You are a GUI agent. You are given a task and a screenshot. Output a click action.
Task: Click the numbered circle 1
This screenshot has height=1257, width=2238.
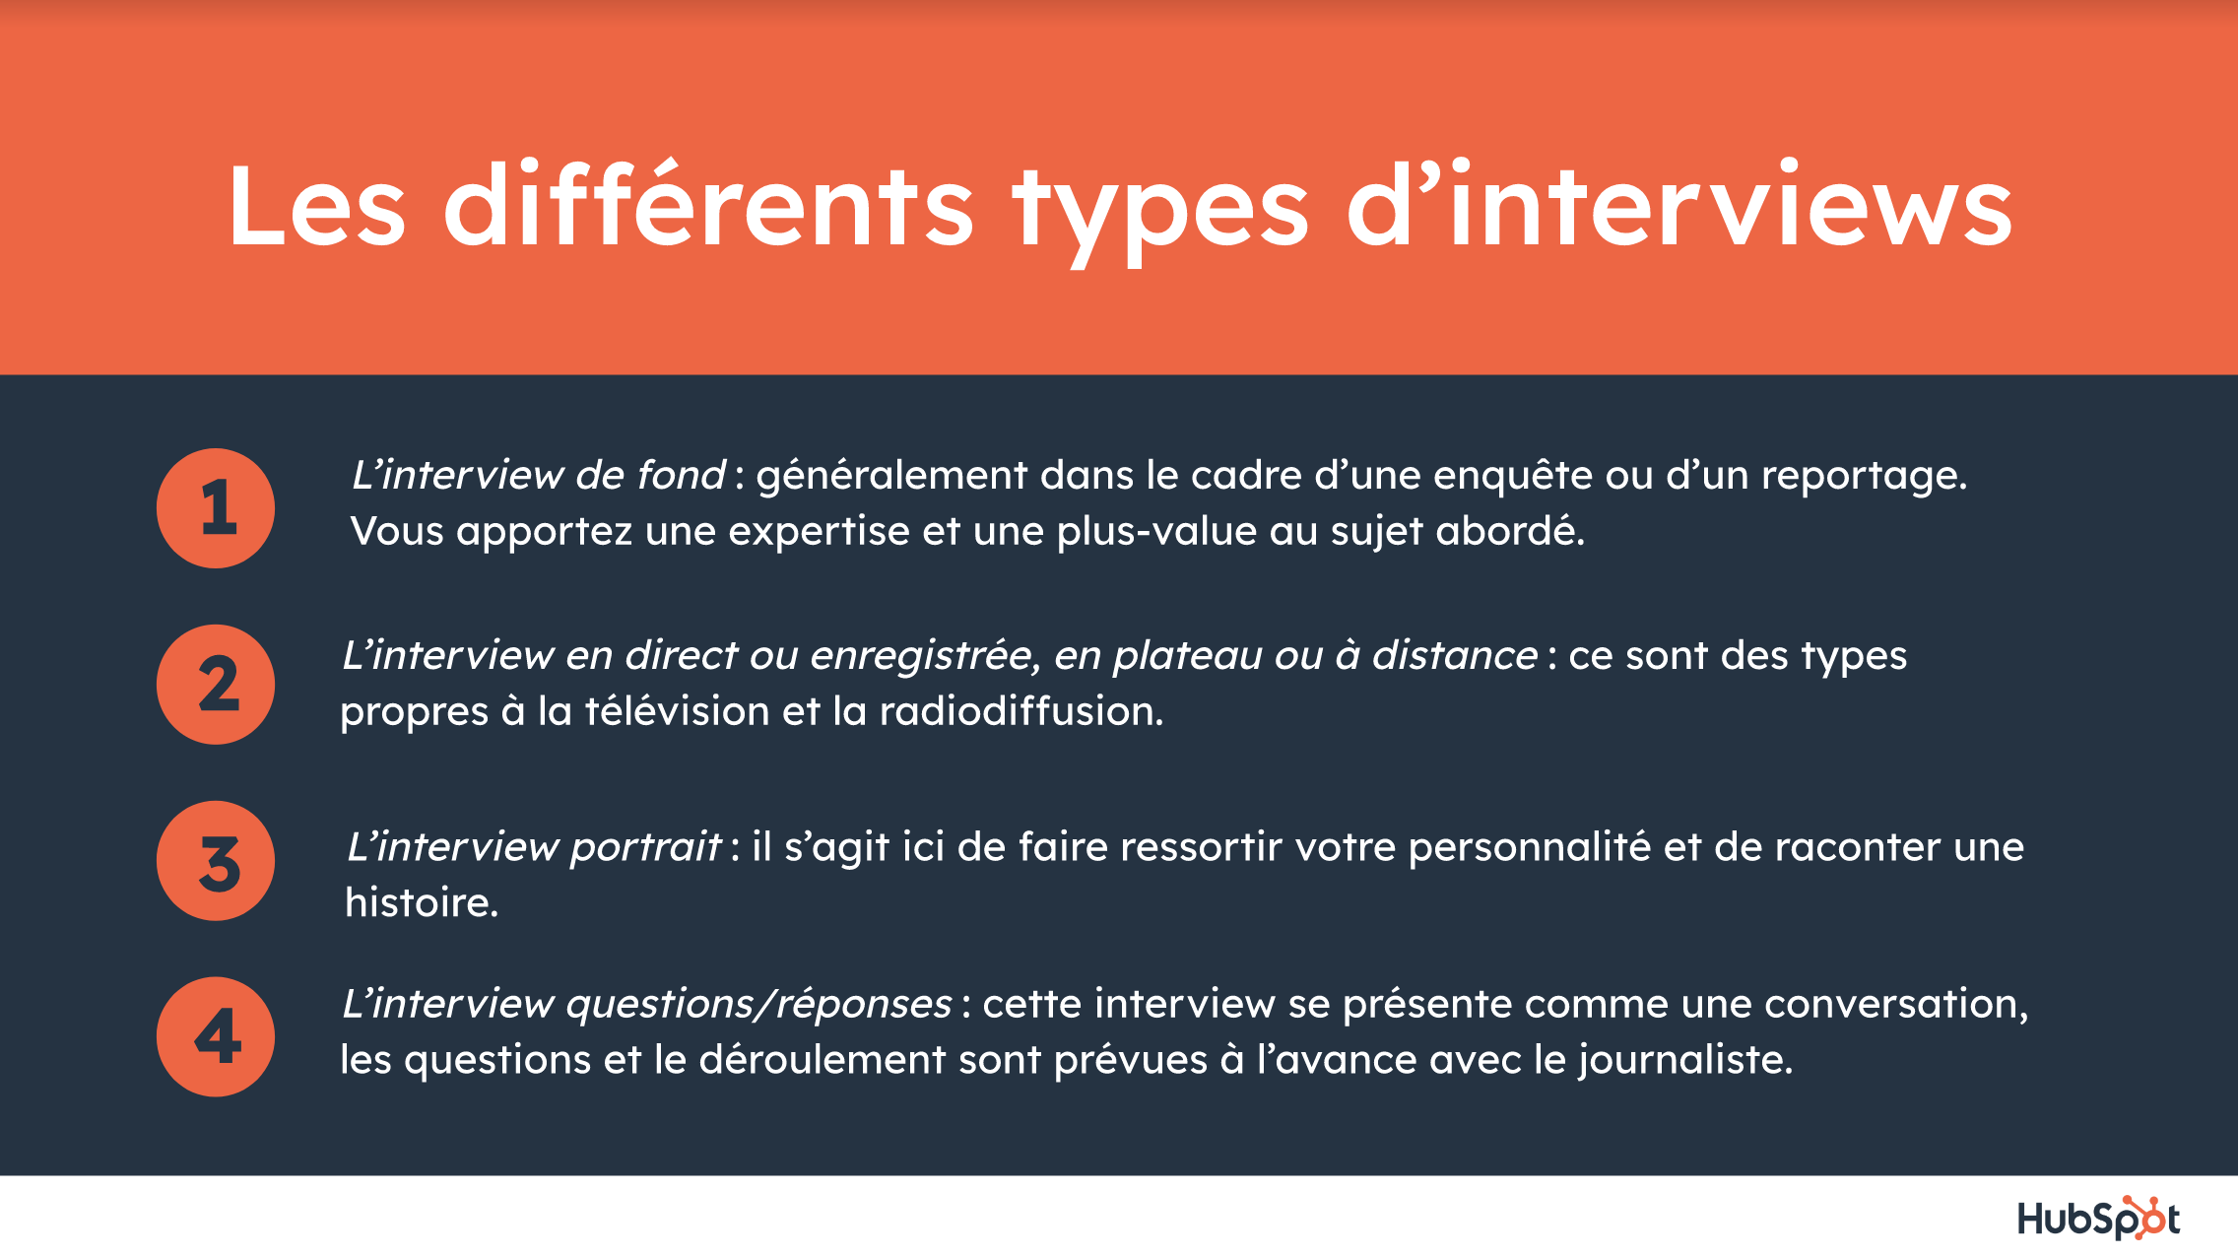(x=216, y=508)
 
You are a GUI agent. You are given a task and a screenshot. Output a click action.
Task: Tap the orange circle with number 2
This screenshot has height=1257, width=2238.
(x=216, y=685)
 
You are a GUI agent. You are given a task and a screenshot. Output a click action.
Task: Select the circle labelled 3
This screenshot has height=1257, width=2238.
(x=216, y=861)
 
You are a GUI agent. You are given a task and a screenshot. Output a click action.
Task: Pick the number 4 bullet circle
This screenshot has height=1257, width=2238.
(x=216, y=1036)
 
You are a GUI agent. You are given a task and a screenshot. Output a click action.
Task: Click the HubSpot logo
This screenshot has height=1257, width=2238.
(x=2098, y=1218)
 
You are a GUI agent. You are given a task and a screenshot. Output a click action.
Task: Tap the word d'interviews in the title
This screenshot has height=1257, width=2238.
(x=1680, y=203)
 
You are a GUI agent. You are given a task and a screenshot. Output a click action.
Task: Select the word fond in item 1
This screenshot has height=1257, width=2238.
(x=681, y=475)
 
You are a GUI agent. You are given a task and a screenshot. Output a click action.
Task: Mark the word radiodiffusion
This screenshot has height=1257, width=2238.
(x=1021, y=711)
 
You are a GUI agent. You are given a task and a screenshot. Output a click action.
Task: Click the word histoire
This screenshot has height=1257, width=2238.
(x=422, y=902)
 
